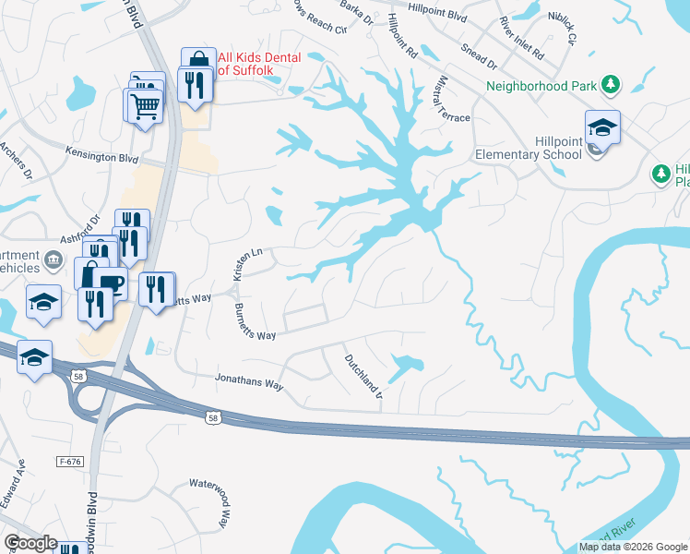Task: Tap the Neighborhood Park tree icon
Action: [610, 86]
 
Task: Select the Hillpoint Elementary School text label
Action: [529, 148]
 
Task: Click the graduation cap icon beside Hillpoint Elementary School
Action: [602, 126]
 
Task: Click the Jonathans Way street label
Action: [248, 378]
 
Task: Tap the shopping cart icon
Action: [142, 105]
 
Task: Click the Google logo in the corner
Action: [30, 543]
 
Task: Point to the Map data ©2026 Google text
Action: [633, 547]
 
